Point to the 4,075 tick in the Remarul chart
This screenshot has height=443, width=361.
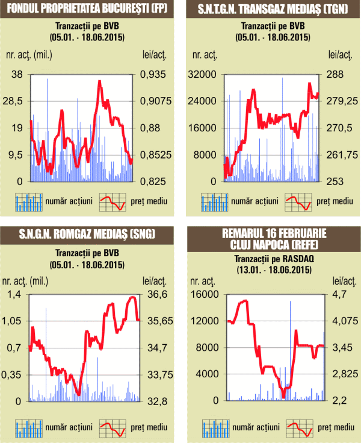pyautogui.click(x=341, y=321)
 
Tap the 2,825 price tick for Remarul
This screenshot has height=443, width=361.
pyautogui.click(x=341, y=374)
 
